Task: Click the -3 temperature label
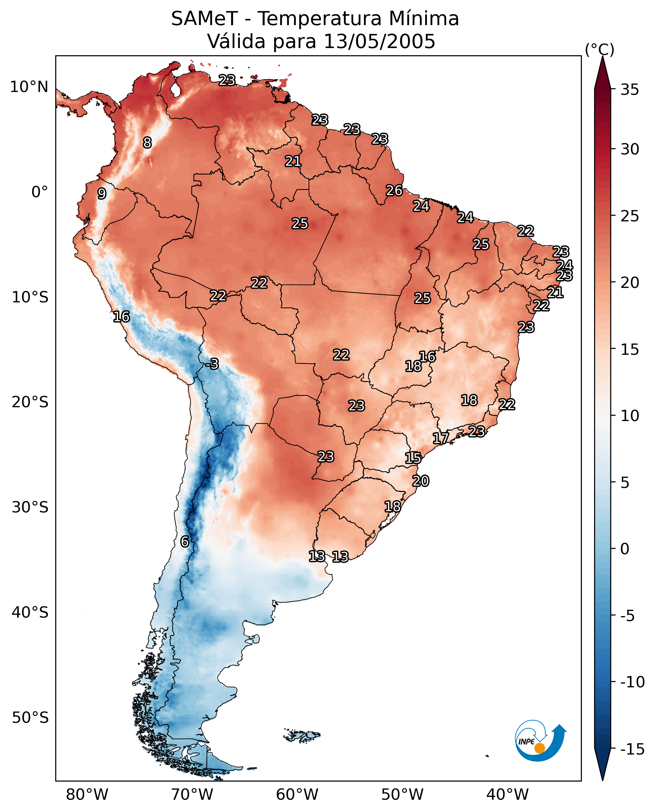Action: pyautogui.click(x=213, y=364)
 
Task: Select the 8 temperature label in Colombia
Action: pyautogui.click(x=147, y=143)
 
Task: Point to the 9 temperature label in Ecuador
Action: pyautogui.click(x=102, y=193)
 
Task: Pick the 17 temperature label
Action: pyautogui.click(x=441, y=438)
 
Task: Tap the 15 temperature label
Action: pyautogui.click(x=413, y=458)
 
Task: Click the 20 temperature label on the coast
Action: pyautogui.click(x=421, y=481)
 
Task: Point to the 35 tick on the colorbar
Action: pyautogui.click(x=630, y=90)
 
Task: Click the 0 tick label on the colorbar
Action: pyautogui.click(x=625, y=549)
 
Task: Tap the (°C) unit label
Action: pyautogui.click(x=599, y=50)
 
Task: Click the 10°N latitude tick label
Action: pyautogui.click(x=29, y=87)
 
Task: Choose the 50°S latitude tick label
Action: pyautogui.click(x=30, y=718)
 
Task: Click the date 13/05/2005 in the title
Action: pyautogui.click(x=379, y=41)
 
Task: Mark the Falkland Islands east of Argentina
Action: pyautogui.click(x=302, y=735)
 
